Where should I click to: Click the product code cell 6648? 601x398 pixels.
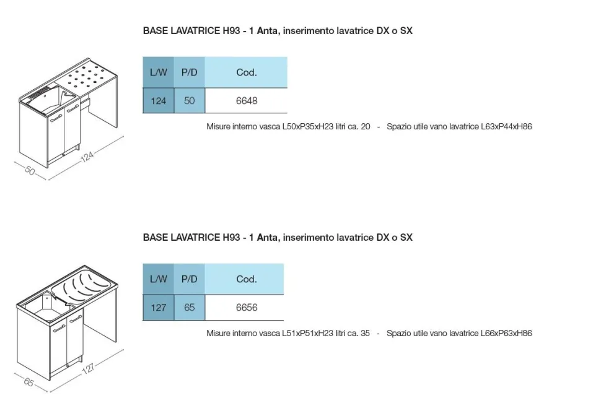coord(246,101)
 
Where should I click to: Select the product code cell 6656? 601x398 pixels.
coord(246,308)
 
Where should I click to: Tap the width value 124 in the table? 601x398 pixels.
coord(158,101)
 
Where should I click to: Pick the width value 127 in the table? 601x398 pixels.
coord(158,308)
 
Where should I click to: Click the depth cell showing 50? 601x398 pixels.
coord(190,101)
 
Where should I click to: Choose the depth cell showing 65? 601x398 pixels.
coord(190,308)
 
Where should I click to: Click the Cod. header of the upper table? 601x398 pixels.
coord(246,72)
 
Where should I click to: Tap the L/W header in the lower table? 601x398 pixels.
coord(158,279)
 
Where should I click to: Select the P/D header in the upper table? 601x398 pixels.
coord(190,72)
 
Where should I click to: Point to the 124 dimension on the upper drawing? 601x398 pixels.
coord(87,156)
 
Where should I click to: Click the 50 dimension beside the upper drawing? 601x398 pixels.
coord(30,170)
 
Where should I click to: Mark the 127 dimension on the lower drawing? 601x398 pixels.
coord(88,368)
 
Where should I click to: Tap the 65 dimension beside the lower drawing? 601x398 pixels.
coord(29,382)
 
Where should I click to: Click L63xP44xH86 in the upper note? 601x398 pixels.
coord(506,126)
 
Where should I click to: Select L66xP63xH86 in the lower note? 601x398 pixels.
coord(506,333)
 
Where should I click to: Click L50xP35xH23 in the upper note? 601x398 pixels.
coord(308,126)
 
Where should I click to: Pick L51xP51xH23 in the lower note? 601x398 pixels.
coord(308,333)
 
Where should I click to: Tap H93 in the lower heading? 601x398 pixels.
coord(231,238)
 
